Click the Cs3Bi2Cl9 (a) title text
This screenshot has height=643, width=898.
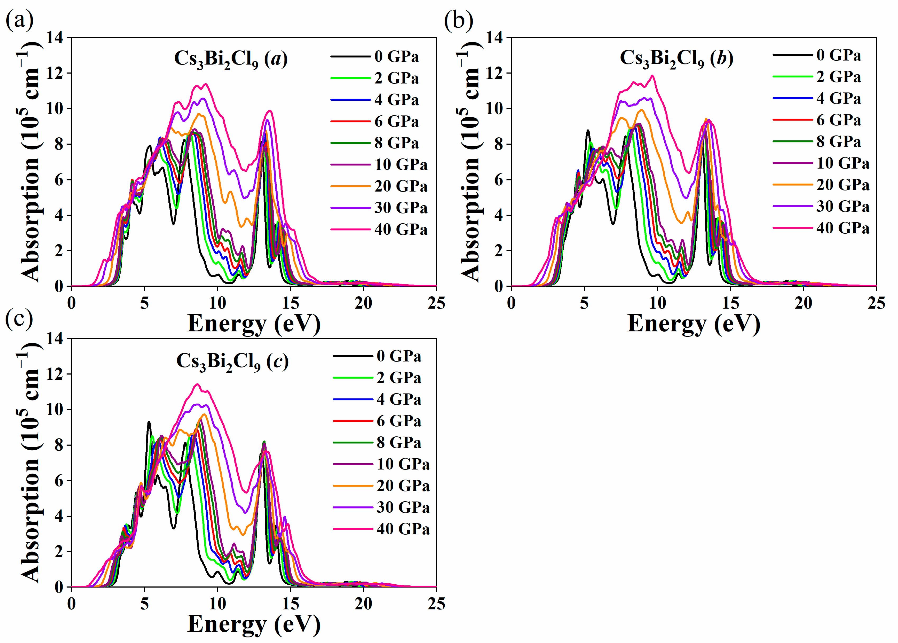click(x=231, y=59)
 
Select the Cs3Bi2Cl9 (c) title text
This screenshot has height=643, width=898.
click(x=232, y=361)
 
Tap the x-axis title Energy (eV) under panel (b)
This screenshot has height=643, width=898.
click(x=693, y=323)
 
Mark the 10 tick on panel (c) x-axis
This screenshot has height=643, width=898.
click(x=217, y=604)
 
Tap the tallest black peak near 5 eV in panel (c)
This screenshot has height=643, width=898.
click(x=149, y=422)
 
